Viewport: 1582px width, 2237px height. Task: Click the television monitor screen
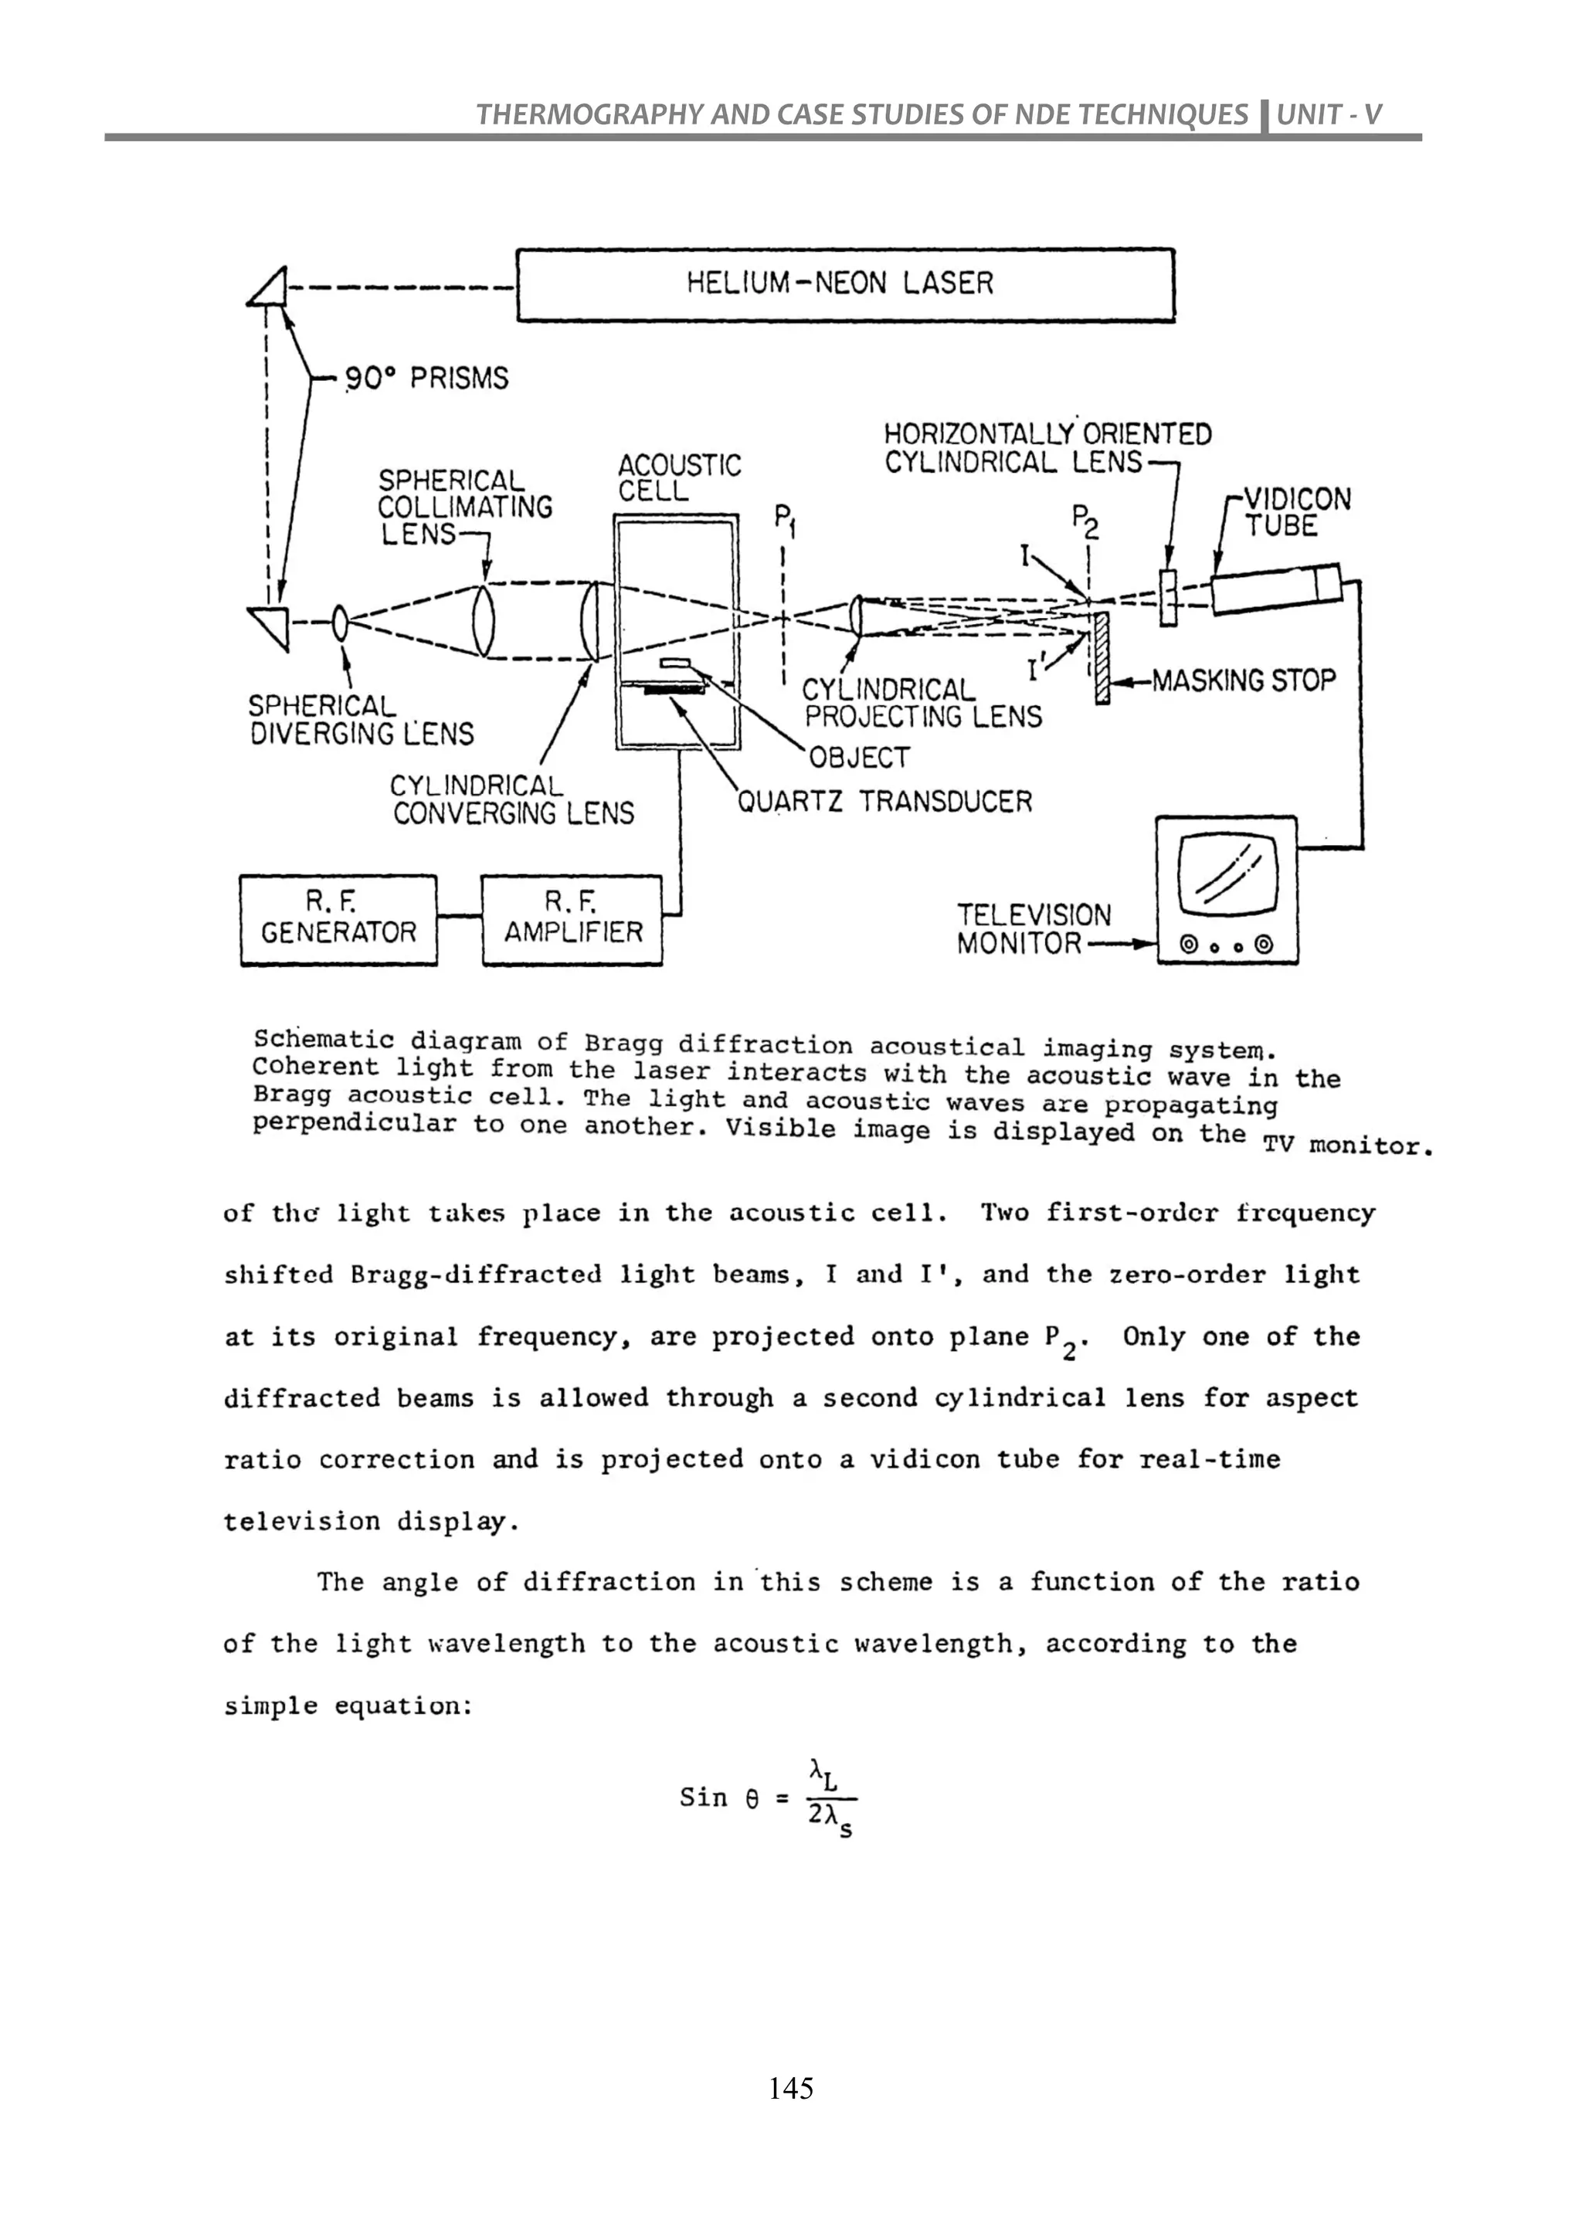click(x=1227, y=870)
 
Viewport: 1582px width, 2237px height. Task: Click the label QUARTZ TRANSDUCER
click(x=884, y=802)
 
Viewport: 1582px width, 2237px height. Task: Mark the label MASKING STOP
click(x=1243, y=680)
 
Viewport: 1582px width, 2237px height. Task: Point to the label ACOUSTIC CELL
click(x=679, y=477)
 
